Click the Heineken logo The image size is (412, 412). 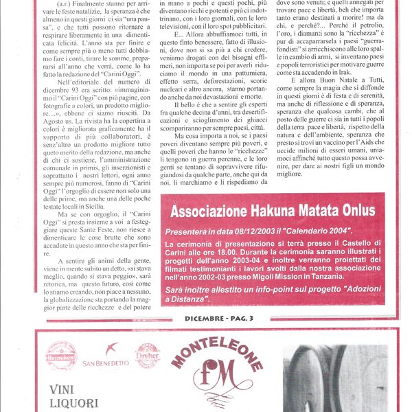[61, 356]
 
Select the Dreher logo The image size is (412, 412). [147, 356]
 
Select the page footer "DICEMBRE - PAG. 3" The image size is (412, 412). [219, 318]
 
